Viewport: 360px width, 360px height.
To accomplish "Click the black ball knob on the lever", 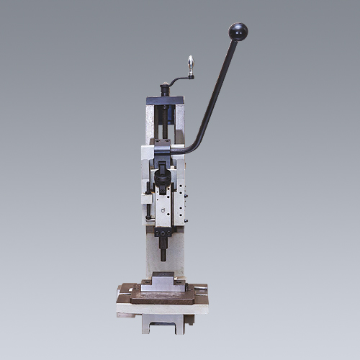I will tap(238, 32).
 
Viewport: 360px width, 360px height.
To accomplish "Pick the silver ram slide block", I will tap(168, 205).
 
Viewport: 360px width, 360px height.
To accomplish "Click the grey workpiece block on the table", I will tap(163, 282).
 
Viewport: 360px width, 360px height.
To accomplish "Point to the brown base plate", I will tap(163, 294).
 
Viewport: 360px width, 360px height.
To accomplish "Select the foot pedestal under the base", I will tap(163, 323).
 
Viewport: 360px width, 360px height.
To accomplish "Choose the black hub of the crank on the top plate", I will tap(163, 91).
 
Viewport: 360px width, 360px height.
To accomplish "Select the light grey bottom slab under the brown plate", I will tap(163, 307).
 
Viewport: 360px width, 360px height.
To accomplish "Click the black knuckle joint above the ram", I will tap(163, 173).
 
